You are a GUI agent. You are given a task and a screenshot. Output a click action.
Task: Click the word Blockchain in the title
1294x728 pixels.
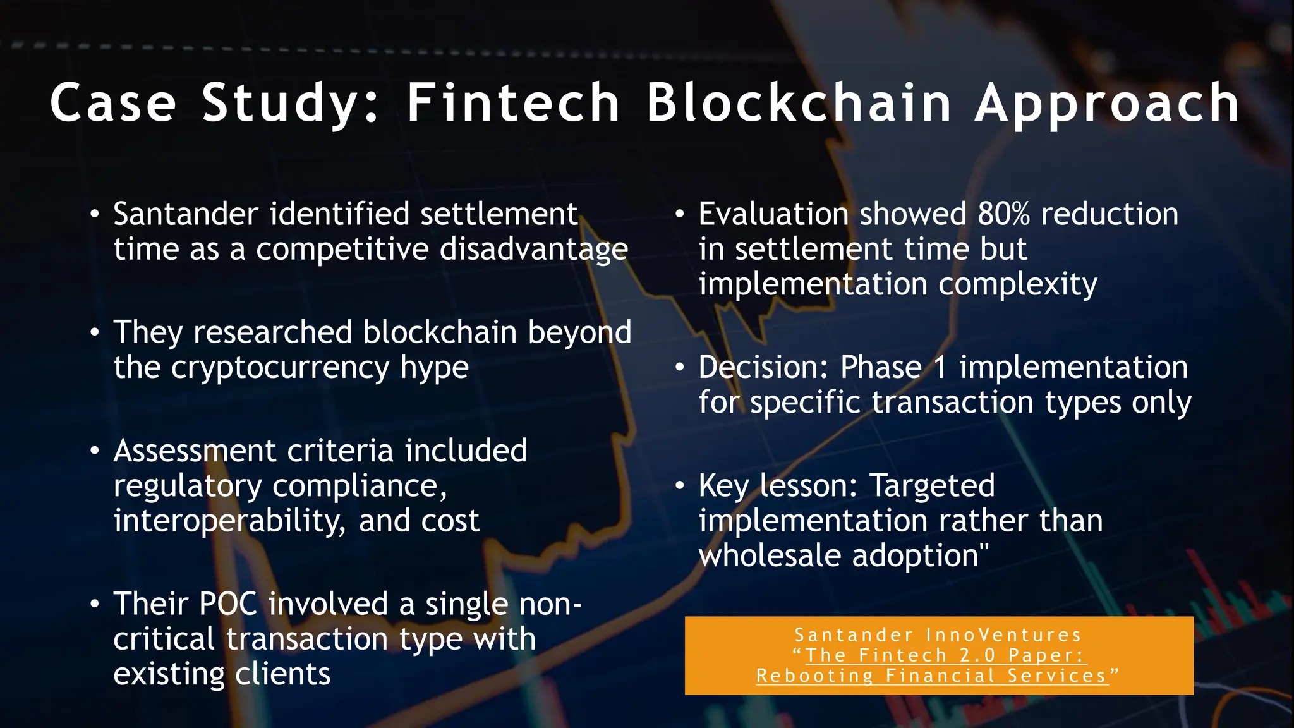[799, 102]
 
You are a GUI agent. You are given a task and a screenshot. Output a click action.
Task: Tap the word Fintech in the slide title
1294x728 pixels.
[513, 102]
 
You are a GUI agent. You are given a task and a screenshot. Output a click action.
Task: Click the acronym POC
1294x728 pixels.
[228, 604]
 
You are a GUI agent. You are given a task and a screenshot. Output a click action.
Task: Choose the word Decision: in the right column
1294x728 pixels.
[763, 368]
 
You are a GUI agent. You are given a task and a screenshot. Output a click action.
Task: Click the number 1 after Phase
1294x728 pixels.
[940, 368]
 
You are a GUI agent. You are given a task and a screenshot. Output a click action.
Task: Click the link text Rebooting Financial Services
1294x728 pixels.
[932, 676]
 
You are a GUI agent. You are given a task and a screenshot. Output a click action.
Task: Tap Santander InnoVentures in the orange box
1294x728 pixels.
[938, 635]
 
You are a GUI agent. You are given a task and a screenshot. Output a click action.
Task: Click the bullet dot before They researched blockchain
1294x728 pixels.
[95, 332]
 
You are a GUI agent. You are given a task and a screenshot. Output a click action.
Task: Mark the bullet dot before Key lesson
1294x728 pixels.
[680, 486]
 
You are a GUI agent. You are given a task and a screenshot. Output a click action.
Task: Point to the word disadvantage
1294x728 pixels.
[534, 250]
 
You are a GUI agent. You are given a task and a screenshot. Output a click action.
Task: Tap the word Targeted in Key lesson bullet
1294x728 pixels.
[932, 486]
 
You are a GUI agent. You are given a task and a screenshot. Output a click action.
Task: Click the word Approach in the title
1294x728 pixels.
[1107, 104]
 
